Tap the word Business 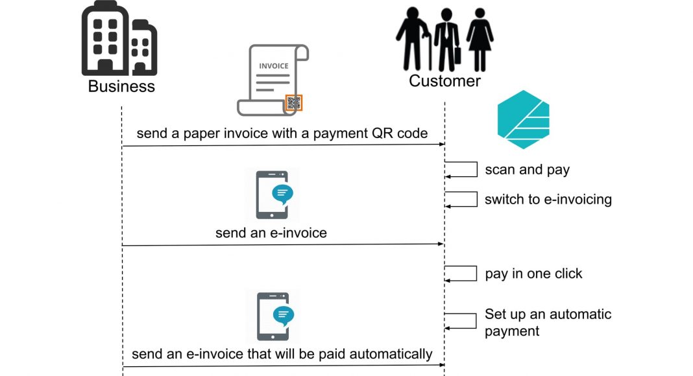[121, 86]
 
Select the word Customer [444, 81]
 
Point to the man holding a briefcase [447, 40]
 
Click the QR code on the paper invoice [294, 102]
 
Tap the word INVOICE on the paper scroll [273, 66]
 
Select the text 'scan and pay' [527, 170]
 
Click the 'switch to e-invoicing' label [548, 199]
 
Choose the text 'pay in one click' [533, 274]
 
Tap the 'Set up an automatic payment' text [548, 322]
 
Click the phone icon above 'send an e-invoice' [273, 194]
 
